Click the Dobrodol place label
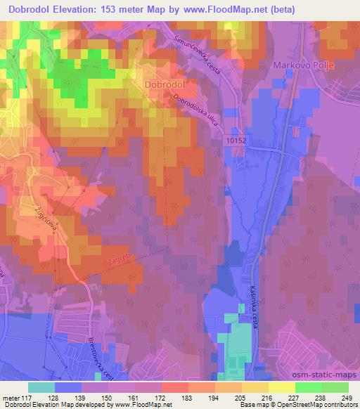164,84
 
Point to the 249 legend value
347,398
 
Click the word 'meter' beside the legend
11,398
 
